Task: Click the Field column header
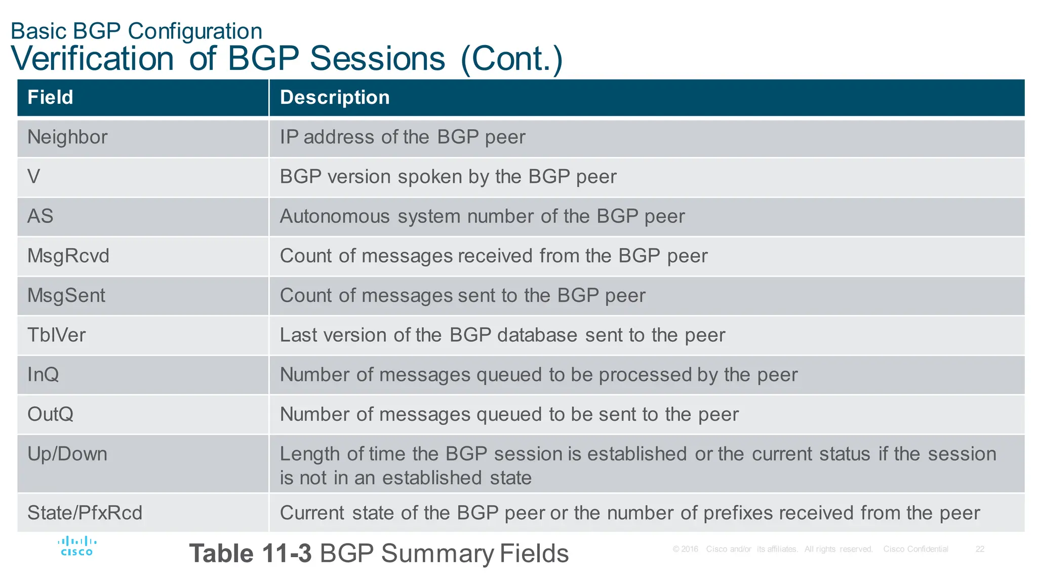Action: tap(50, 97)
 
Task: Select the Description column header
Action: tap(335, 97)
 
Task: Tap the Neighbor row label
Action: tap(67, 137)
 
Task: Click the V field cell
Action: tap(33, 177)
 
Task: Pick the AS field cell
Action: tap(40, 216)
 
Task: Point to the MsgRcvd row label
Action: tap(68, 256)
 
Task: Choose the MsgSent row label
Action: tap(66, 295)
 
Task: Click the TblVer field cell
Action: tap(57, 335)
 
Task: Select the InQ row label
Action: tap(43, 374)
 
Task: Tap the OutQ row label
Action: tap(51, 414)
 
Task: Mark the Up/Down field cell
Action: tap(67, 454)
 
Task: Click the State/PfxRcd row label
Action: tap(85, 513)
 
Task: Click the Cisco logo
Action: tap(77, 547)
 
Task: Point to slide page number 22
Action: tap(980, 549)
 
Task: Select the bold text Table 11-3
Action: tap(250, 553)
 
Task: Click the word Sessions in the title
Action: tap(377, 59)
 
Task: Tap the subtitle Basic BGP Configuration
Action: tap(136, 31)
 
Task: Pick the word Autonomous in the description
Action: tap(335, 216)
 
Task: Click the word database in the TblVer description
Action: tap(537, 335)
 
